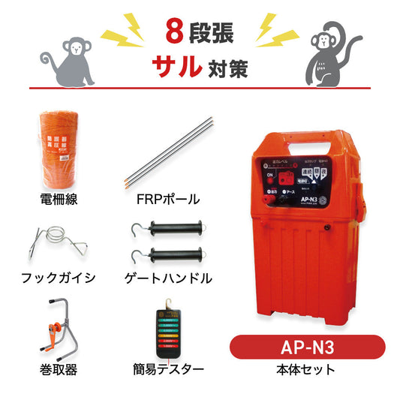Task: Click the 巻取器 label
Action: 58,368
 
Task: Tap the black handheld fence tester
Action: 170,330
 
